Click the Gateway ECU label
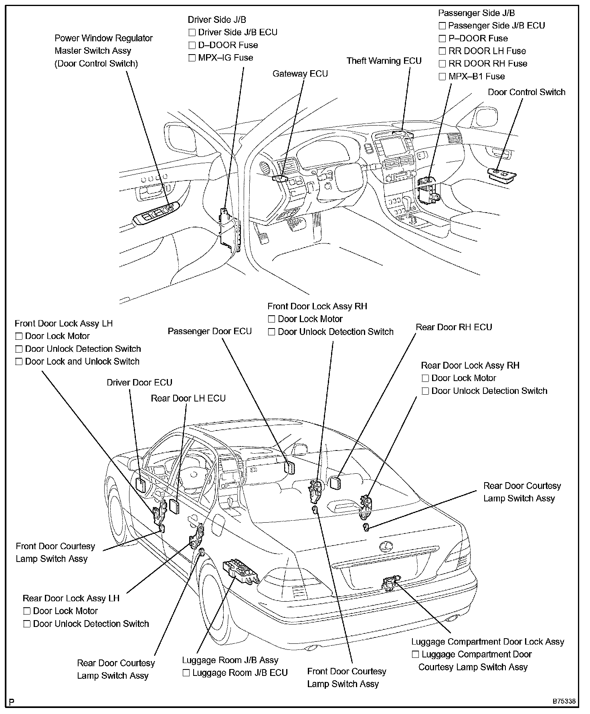[300, 74]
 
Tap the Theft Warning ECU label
[384, 61]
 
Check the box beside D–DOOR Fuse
[192, 45]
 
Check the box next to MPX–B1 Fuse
[442, 77]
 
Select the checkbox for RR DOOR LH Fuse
[442, 51]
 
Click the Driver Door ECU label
[139, 383]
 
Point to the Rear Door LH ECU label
[188, 398]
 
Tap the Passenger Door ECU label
[209, 331]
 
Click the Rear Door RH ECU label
[454, 327]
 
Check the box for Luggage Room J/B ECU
[186, 673]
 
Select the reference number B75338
[564, 702]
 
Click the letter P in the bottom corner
[12, 702]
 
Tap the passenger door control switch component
[502, 174]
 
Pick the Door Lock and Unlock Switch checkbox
[19, 362]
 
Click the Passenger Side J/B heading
[476, 13]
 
